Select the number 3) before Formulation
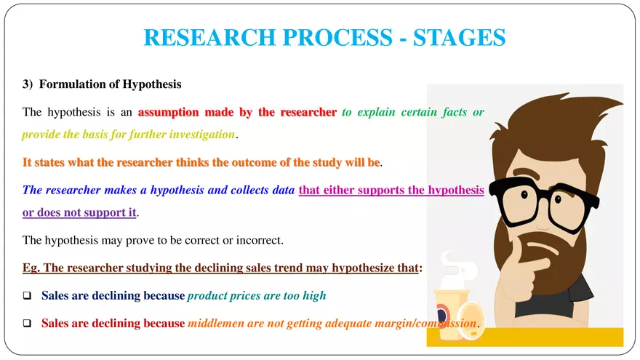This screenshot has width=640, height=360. (28, 84)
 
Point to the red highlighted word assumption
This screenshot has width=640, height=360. (169, 113)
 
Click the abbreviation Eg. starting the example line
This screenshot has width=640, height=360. (31, 268)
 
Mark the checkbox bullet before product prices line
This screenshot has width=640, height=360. (27, 296)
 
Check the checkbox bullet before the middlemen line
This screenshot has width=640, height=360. (27, 324)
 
